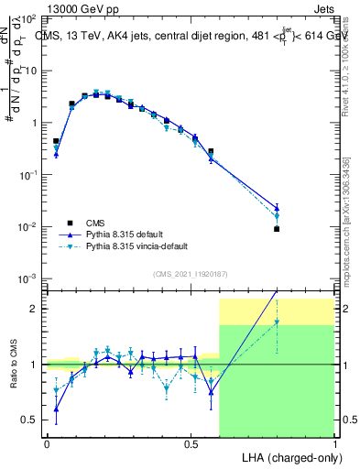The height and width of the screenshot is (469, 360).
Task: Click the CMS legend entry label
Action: pyautogui.click(x=96, y=223)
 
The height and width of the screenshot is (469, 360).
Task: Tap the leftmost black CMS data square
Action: pyautogui.click(x=56, y=141)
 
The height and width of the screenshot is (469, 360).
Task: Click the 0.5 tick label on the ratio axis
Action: pyautogui.click(x=29, y=420)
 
